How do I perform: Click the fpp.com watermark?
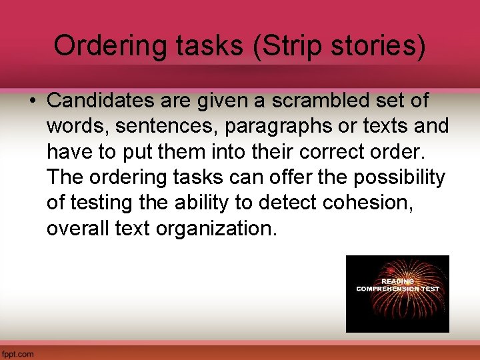coord(17,354)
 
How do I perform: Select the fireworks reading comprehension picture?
coord(397,293)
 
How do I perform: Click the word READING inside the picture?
coord(397,281)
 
